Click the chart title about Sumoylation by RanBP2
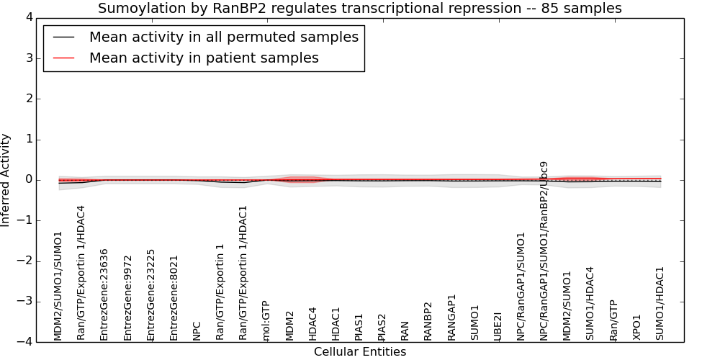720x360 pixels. click(x=359, y=8)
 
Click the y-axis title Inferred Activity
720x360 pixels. click(x=5, y=180)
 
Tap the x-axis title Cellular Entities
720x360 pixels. click(x=360, y=352)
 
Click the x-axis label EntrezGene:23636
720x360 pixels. click(x=104, y=294)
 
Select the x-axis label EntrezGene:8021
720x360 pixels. click(x=174, y=298)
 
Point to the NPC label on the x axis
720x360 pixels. click(x=197, y=330)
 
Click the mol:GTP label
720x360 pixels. click(x=266, y=321)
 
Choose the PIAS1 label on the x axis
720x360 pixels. click(x=359, y=327)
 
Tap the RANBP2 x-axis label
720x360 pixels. click(x=428, y=321)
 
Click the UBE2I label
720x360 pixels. click(x=498, y=326)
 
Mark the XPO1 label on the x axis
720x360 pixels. click(x=636, y=328)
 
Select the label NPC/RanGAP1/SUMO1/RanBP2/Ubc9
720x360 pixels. click(x=544, y=251)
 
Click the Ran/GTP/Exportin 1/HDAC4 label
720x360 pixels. click(x=81, y=273)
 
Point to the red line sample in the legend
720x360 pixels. click(x=64, y=58)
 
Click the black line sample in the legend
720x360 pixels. click(x=64, y=37)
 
